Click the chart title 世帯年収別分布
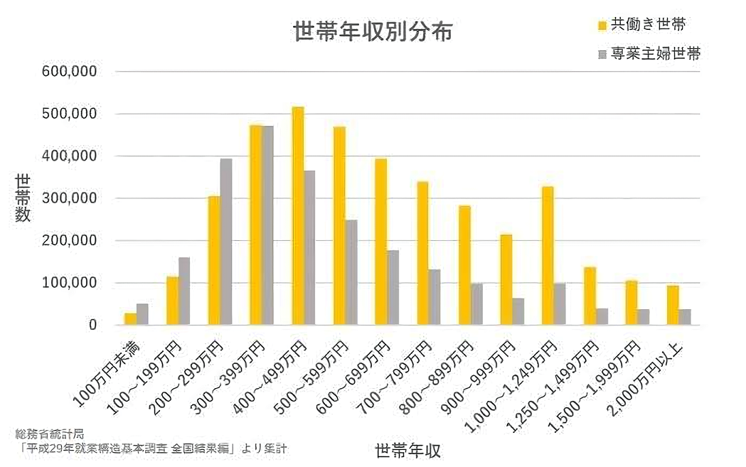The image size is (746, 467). click(x=372, y=32)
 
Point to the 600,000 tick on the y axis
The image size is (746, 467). click(x=70, y=72)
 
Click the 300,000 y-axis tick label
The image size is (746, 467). click(x=70, y=198)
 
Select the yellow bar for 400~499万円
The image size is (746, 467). click(x=298, y=216)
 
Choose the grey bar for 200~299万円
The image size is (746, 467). click(x=226, y=242)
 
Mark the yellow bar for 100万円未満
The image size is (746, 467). click(x=130, y=318)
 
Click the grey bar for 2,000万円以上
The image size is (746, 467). click(x=685, y=317)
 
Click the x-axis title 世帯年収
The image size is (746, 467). click(x=407, y=451)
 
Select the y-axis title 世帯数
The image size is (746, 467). click(x=23, y=198)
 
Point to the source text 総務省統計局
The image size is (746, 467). click(x=49, y=433)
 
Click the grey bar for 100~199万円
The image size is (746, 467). click(x=184, y=291)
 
